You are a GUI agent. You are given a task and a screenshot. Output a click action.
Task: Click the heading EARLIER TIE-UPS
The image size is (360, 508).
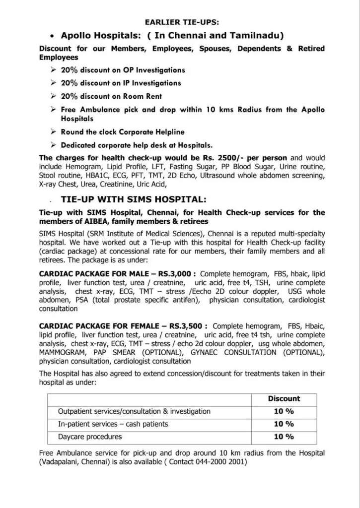pos(180,23)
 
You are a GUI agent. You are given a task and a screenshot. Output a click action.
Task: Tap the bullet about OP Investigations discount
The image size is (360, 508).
pos(123,70)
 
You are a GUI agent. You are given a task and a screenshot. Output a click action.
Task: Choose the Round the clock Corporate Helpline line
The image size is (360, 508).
pos(122,132)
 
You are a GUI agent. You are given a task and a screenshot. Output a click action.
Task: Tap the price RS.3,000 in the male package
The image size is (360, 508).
pos(177,273)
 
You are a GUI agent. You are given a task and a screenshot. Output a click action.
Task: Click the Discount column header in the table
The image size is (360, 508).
pos(284,398)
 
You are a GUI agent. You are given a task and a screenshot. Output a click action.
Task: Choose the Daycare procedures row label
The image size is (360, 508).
pos(90,437)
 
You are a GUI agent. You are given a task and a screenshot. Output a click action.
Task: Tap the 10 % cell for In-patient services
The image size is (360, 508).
pos(284,424)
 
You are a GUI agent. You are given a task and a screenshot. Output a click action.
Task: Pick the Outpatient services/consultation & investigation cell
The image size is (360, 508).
pos(134,411)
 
